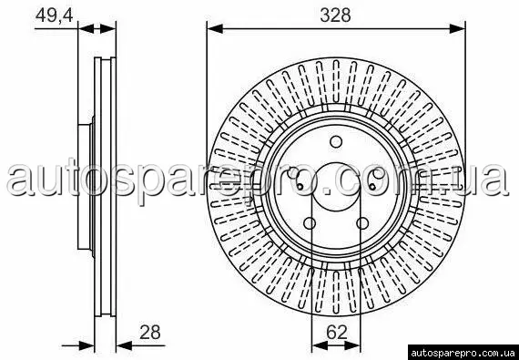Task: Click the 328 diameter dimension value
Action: click(335, 15)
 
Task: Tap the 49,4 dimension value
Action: click(55, 15)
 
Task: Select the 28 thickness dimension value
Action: click(149, 332)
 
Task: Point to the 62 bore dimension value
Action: click(337, 332)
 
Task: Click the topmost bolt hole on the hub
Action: click(336, 142)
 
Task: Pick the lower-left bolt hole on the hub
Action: click(310, 223)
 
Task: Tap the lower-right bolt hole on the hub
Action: click(362, 223)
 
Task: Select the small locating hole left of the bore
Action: click(300, 187)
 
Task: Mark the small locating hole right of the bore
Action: click(372, 187)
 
